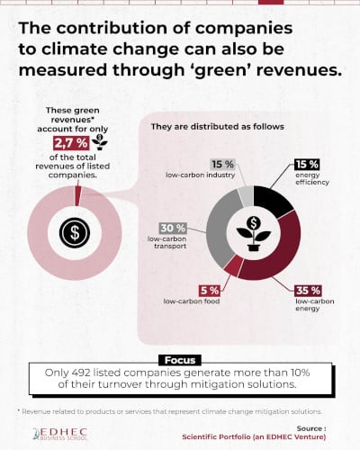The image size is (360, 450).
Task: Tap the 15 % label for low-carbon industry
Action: (223, 164)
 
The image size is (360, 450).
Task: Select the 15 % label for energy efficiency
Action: (306, 165)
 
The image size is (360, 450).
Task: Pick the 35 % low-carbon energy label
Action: (307, 290)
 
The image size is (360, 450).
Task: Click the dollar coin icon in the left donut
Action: (73, 233)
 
